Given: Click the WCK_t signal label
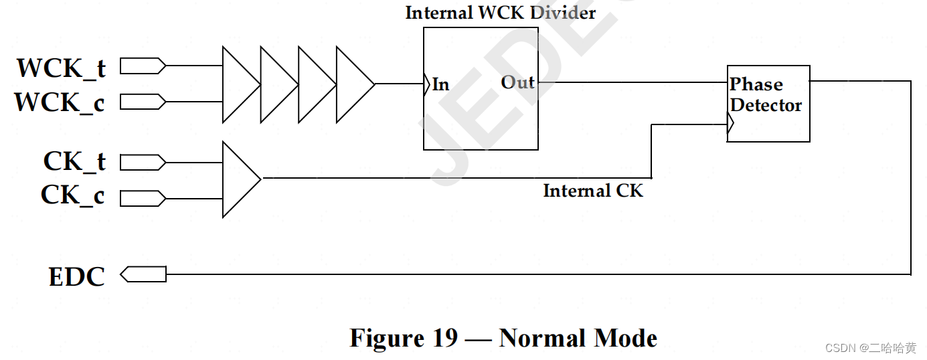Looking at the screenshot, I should pyautogui.click(x=61, y=68).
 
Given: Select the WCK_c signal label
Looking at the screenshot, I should pyautogui.click(x=60, y=102).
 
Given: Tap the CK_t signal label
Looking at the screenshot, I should pyautogui.click(x=74, y=162).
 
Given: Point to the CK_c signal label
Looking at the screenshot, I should pyautogui.click(x=73, y=195).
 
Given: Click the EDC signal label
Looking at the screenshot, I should pyautogui.click(x=76, y=276).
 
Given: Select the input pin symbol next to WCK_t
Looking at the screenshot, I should pyautogui.click(x=143, y=66).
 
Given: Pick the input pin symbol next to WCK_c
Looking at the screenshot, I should pyautogui.click(x=143, y=102).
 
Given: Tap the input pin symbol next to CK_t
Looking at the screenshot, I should pyautogui.click(x=143, y=163).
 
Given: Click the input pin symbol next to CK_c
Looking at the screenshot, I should pyautogui.click(x=143, y=198).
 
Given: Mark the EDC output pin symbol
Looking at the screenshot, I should pyautogui.click(x=143, y=274).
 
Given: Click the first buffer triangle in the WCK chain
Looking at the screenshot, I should pyautogui.click(x=240, y=84).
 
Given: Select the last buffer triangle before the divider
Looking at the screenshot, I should pyautogui.click(x=353, y=84).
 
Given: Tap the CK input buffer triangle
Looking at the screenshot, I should pyautogui.click(x=240, y=179).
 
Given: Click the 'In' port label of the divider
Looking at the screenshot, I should pyautogui.click(x=440, y=85).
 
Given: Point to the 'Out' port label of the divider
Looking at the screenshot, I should pyautogui.click(x=518, y=82).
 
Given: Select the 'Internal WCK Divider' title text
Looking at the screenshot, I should pyautogui.click(x=500, y=13).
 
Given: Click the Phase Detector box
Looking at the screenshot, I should pyautogui.click(x=768, y=103).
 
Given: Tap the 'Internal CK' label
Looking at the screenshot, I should pyautogui.click(x=593, y=191).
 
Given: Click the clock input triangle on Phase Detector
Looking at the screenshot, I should pyautogui.click(x=731, y=124).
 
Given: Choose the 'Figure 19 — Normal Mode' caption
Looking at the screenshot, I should pyautogui.click(x=503, y=338).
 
